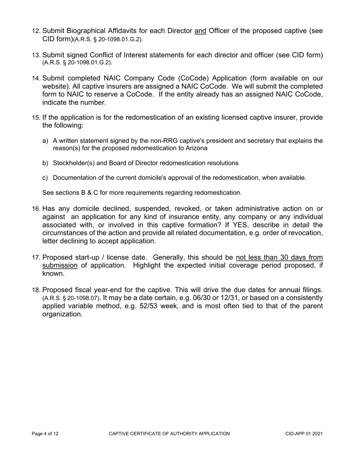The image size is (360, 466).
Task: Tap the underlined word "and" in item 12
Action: pos(200,31)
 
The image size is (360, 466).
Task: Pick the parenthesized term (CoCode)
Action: pos(190,78)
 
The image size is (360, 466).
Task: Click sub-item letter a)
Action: pos(45,141)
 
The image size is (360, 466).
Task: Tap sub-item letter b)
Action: pos(45,163)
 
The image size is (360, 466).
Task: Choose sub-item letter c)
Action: pos(45,178)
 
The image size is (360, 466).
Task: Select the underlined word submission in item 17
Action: pos(60,265)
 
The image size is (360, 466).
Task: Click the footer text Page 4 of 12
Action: pos(45,434)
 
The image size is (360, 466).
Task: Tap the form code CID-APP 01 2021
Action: pos(304,434)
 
